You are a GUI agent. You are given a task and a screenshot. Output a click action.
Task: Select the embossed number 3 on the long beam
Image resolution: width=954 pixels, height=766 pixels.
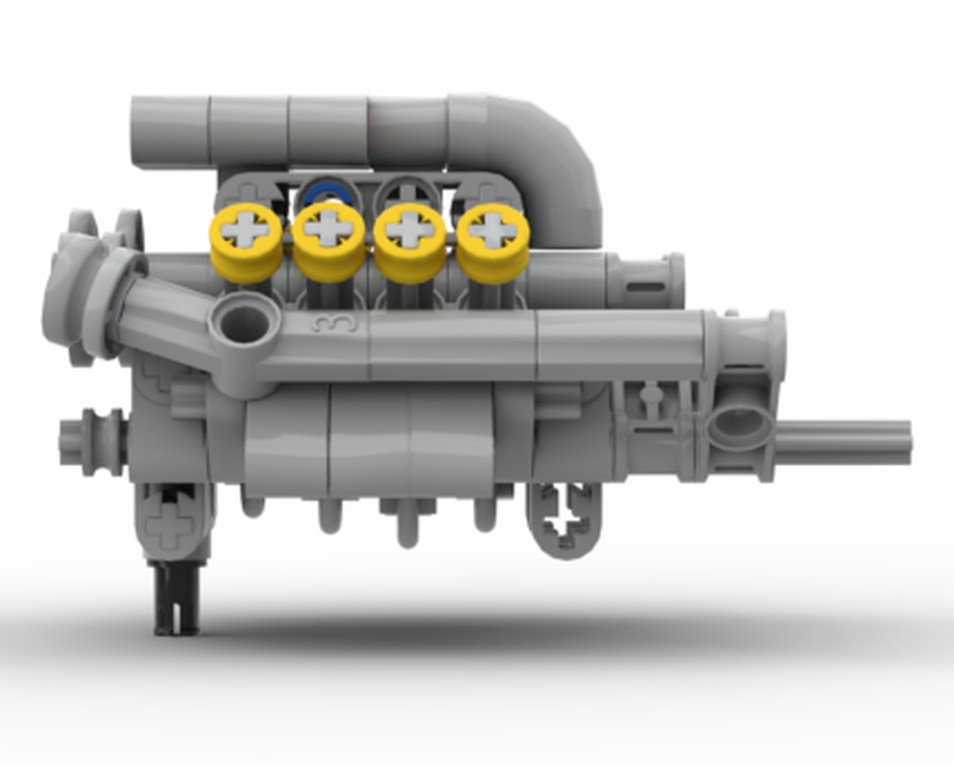(x=334, y=324)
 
